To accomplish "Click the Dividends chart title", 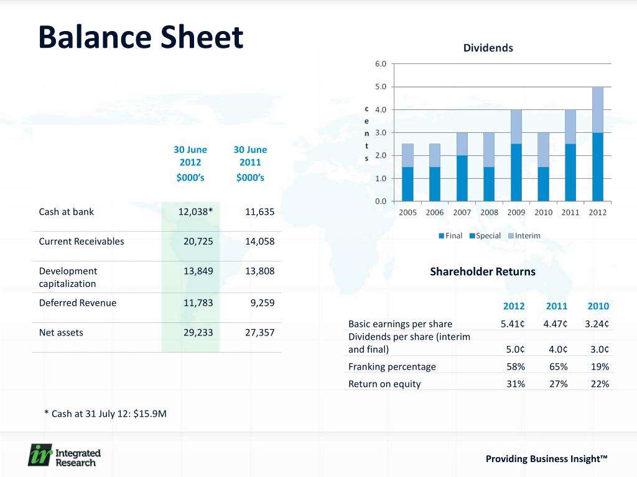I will click(488, 48).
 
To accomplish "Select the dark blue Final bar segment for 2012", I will click(597, 166).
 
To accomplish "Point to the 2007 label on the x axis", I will click(462, 212).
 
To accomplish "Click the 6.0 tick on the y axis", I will click(380, 63).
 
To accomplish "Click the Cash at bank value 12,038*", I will click(195, 212).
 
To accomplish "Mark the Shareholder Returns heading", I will click(482, 271).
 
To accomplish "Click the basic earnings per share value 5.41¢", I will click(513, 324).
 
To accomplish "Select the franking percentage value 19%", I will click(600, 366).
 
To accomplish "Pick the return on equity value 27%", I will click(557, 384).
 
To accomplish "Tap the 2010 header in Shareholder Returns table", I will click(598, 306).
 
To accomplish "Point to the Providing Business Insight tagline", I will click(546, 459).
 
